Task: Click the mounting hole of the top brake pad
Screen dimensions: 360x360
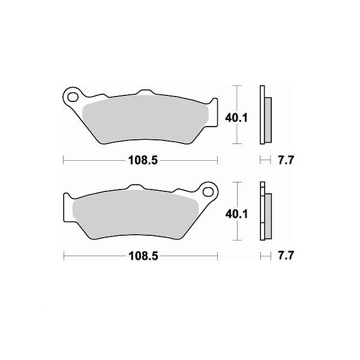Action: (73, 97)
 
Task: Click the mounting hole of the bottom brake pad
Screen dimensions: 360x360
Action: (208, 191)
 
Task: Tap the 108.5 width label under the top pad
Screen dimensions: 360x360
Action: (143, 160)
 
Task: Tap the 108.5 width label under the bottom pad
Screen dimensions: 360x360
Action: (143, 256)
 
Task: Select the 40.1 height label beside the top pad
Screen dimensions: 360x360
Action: (236, 118)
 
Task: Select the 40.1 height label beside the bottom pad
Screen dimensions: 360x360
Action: (236, 214)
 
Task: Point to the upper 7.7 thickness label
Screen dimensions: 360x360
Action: (286, 160)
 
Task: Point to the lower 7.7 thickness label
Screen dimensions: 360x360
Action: (286, 256)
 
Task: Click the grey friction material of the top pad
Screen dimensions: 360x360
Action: (145, 119)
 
